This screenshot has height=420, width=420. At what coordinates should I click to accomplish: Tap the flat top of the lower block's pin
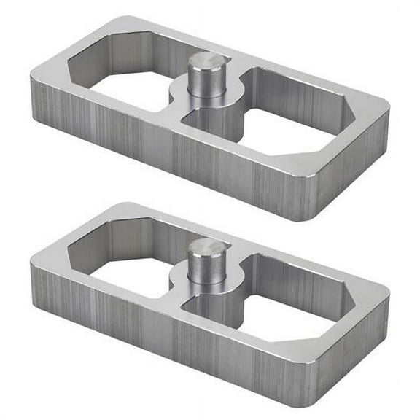(208, 248)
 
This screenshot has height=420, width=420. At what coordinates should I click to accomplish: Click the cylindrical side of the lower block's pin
(207, 271)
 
